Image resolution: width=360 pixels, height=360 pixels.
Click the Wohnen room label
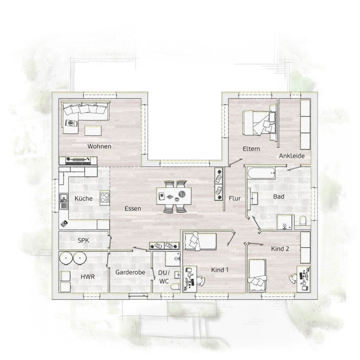(99, 146)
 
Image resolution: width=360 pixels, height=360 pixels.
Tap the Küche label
(84, 198)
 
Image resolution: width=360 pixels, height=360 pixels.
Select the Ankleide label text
(291, 156)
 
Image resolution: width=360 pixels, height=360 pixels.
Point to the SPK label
(83, 240)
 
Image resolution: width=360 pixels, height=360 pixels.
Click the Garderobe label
(130, 272)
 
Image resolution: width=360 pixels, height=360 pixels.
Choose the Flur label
(234, 198)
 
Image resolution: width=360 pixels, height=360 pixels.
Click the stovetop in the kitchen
(105, 198)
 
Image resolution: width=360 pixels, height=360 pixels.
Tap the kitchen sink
(64, 201)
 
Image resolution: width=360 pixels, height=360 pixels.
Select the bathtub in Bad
(261, 173)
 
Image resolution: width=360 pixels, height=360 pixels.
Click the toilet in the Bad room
(303, 220)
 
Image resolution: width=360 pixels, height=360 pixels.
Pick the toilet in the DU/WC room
(175, 287)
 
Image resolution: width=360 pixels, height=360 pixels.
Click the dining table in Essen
(174, 196)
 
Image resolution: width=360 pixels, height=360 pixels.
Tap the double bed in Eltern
(259, 122)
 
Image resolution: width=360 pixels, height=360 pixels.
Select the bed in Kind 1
(200, 241)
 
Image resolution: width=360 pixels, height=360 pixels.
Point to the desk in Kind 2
(303, 279)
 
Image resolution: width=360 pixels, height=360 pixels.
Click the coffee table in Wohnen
(93, 130)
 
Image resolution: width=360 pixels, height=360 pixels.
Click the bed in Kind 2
(257, 276)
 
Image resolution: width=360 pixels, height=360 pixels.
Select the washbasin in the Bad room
(253, 199)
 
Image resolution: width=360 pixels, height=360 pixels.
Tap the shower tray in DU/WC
(173, 259)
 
